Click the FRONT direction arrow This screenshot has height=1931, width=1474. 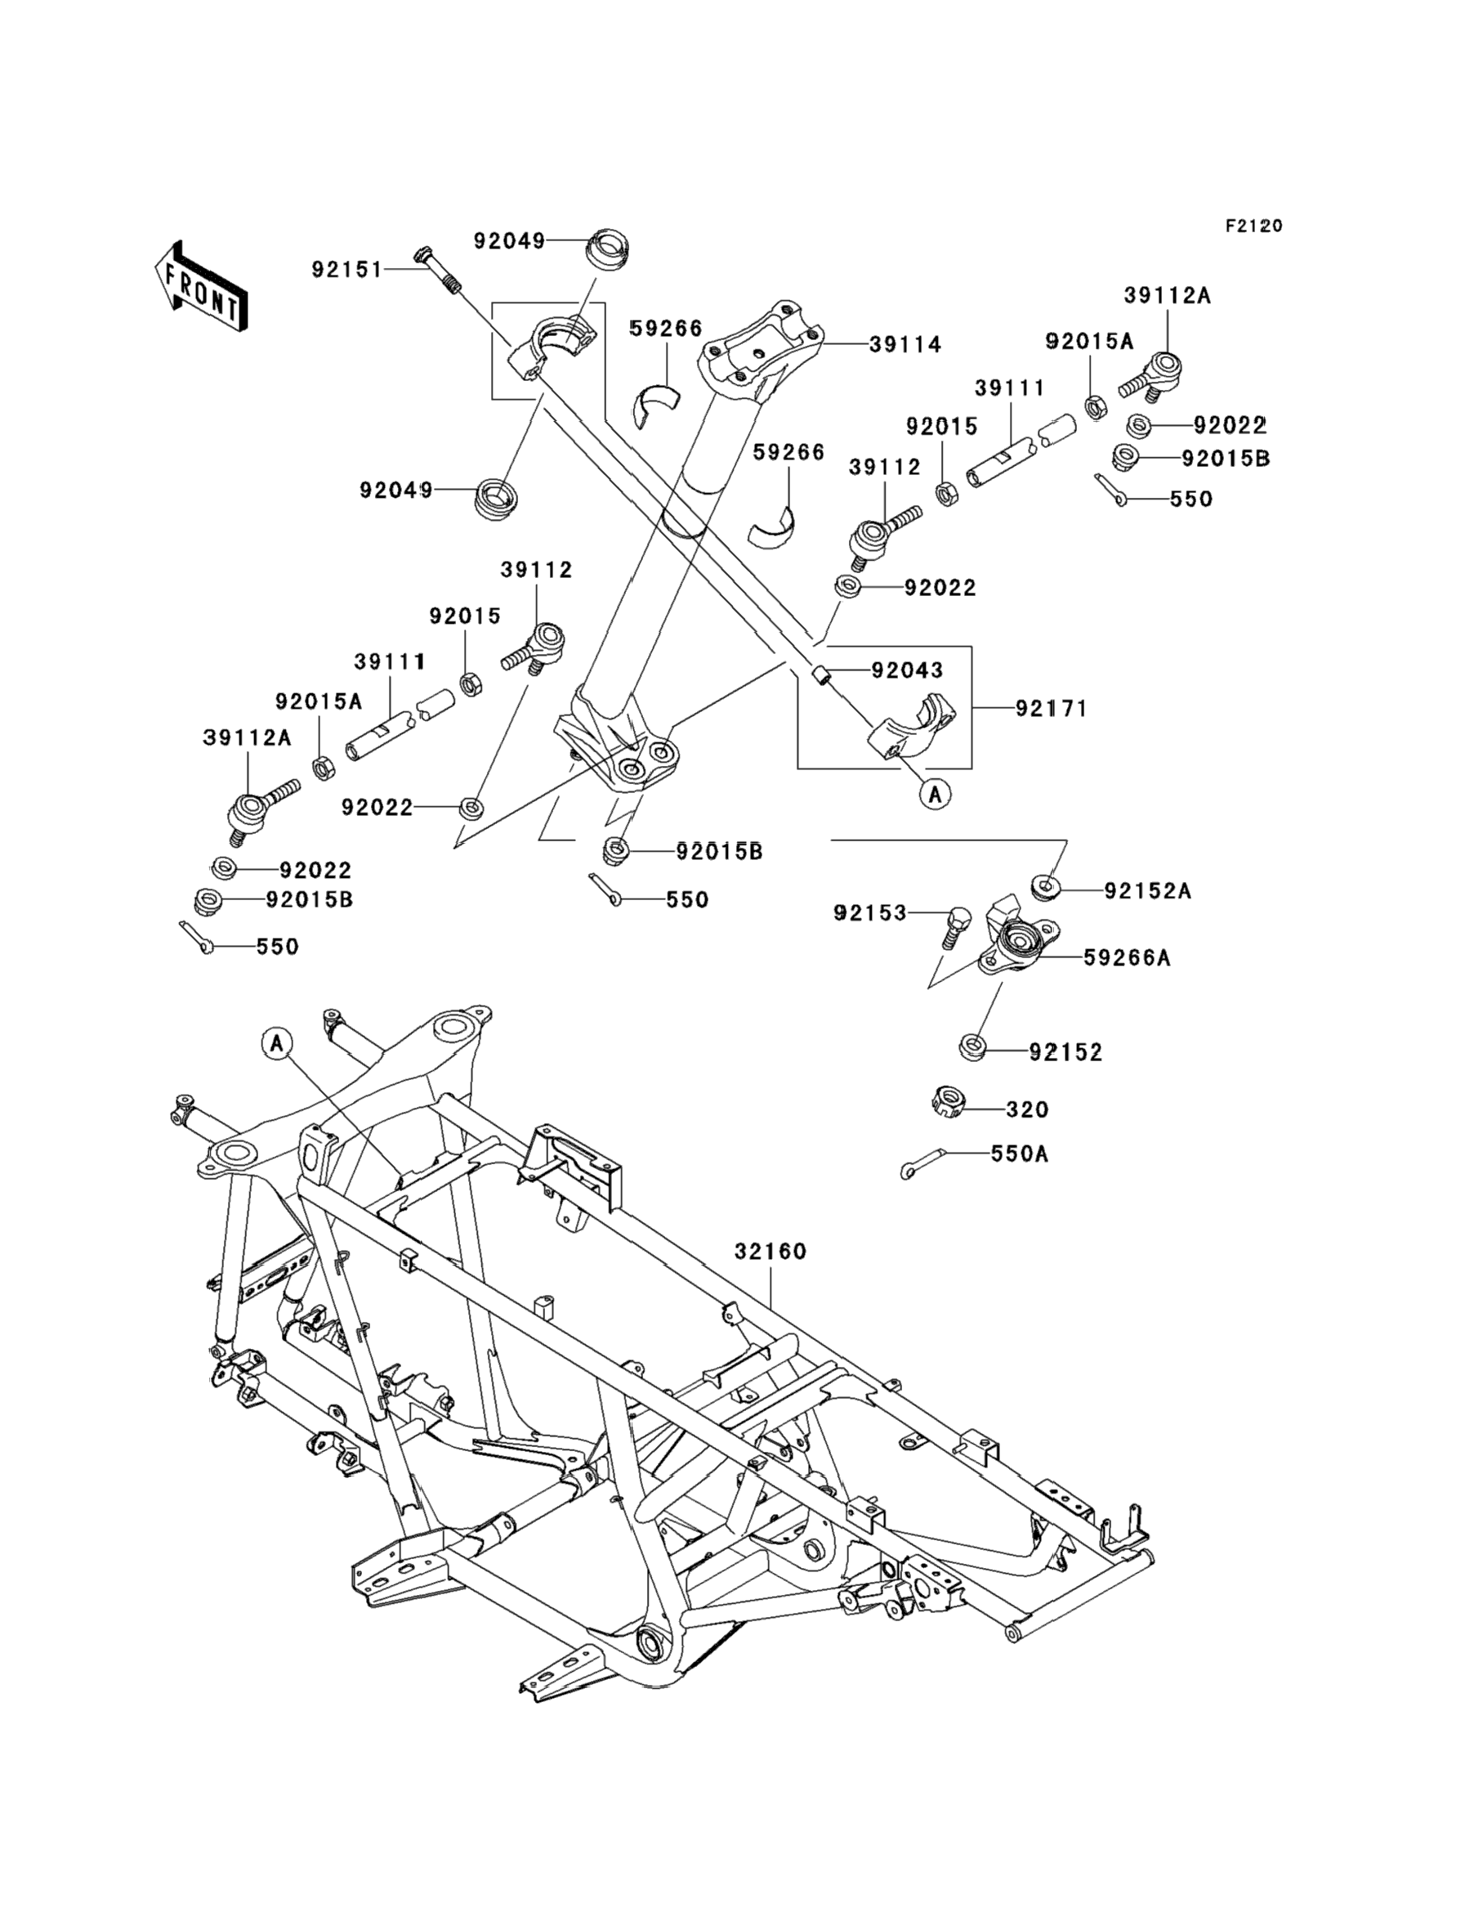(x=200, y=287)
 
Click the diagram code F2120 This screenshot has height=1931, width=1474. (x=1253, y=226)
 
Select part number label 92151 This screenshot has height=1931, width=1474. (x=347, y=270)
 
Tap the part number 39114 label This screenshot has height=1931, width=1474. (x=905, y=345)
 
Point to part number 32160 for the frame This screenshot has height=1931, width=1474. (x=770, y=1251)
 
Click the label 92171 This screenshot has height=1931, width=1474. (x=1051, y=708)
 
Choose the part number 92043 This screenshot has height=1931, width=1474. (x=907, y=670)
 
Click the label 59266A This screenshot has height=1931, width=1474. (x=1128, y=957)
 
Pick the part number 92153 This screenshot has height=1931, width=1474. (x=869, y=914)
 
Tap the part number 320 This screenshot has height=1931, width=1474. (x=1027, y=1109)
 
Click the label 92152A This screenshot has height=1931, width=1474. (x=1148, y=891)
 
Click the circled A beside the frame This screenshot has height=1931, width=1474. (x=276, y=1044)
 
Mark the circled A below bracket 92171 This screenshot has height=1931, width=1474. (x=936, y=795)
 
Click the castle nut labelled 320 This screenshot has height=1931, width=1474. (x=948, y=1101)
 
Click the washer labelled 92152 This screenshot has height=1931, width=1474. (x=974, y=1046)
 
